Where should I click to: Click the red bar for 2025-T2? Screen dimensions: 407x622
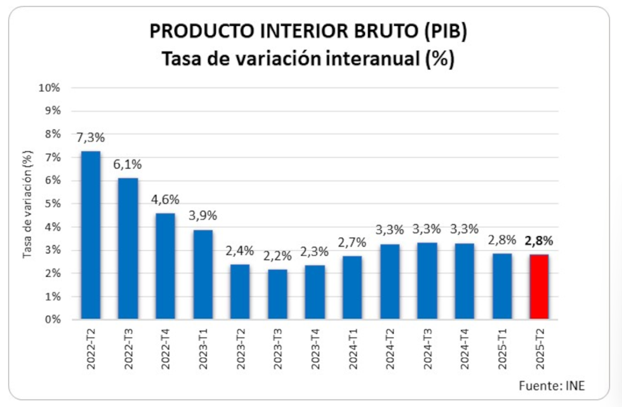(x=539, y=286)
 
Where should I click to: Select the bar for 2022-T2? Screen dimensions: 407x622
(x=90, y=235)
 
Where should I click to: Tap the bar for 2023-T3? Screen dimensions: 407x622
(x=277, y=294)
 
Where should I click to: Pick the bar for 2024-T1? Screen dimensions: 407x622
(x=352, y=288)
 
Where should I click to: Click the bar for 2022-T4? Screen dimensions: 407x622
(x=165, y=266)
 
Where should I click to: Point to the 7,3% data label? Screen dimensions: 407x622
(x=90, y=138)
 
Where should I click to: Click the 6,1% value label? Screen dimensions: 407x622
(x=128, y=165)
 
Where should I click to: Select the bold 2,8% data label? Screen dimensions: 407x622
(x=539, y=241)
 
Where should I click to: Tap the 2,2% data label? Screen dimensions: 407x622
(x=277, y=257)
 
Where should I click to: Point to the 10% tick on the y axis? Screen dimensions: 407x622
(x=50, y=88)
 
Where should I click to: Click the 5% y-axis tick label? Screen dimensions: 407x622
(x=52, y=204)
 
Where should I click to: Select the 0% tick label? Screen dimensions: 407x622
(x=52, y=320)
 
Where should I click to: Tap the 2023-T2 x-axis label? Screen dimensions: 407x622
(x=241, y=350)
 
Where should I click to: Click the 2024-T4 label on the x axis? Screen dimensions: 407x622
(x=465, y=350)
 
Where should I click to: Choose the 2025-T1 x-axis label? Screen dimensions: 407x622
(x=502, y=350)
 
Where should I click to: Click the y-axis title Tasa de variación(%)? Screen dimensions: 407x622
(x=27, y=204)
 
